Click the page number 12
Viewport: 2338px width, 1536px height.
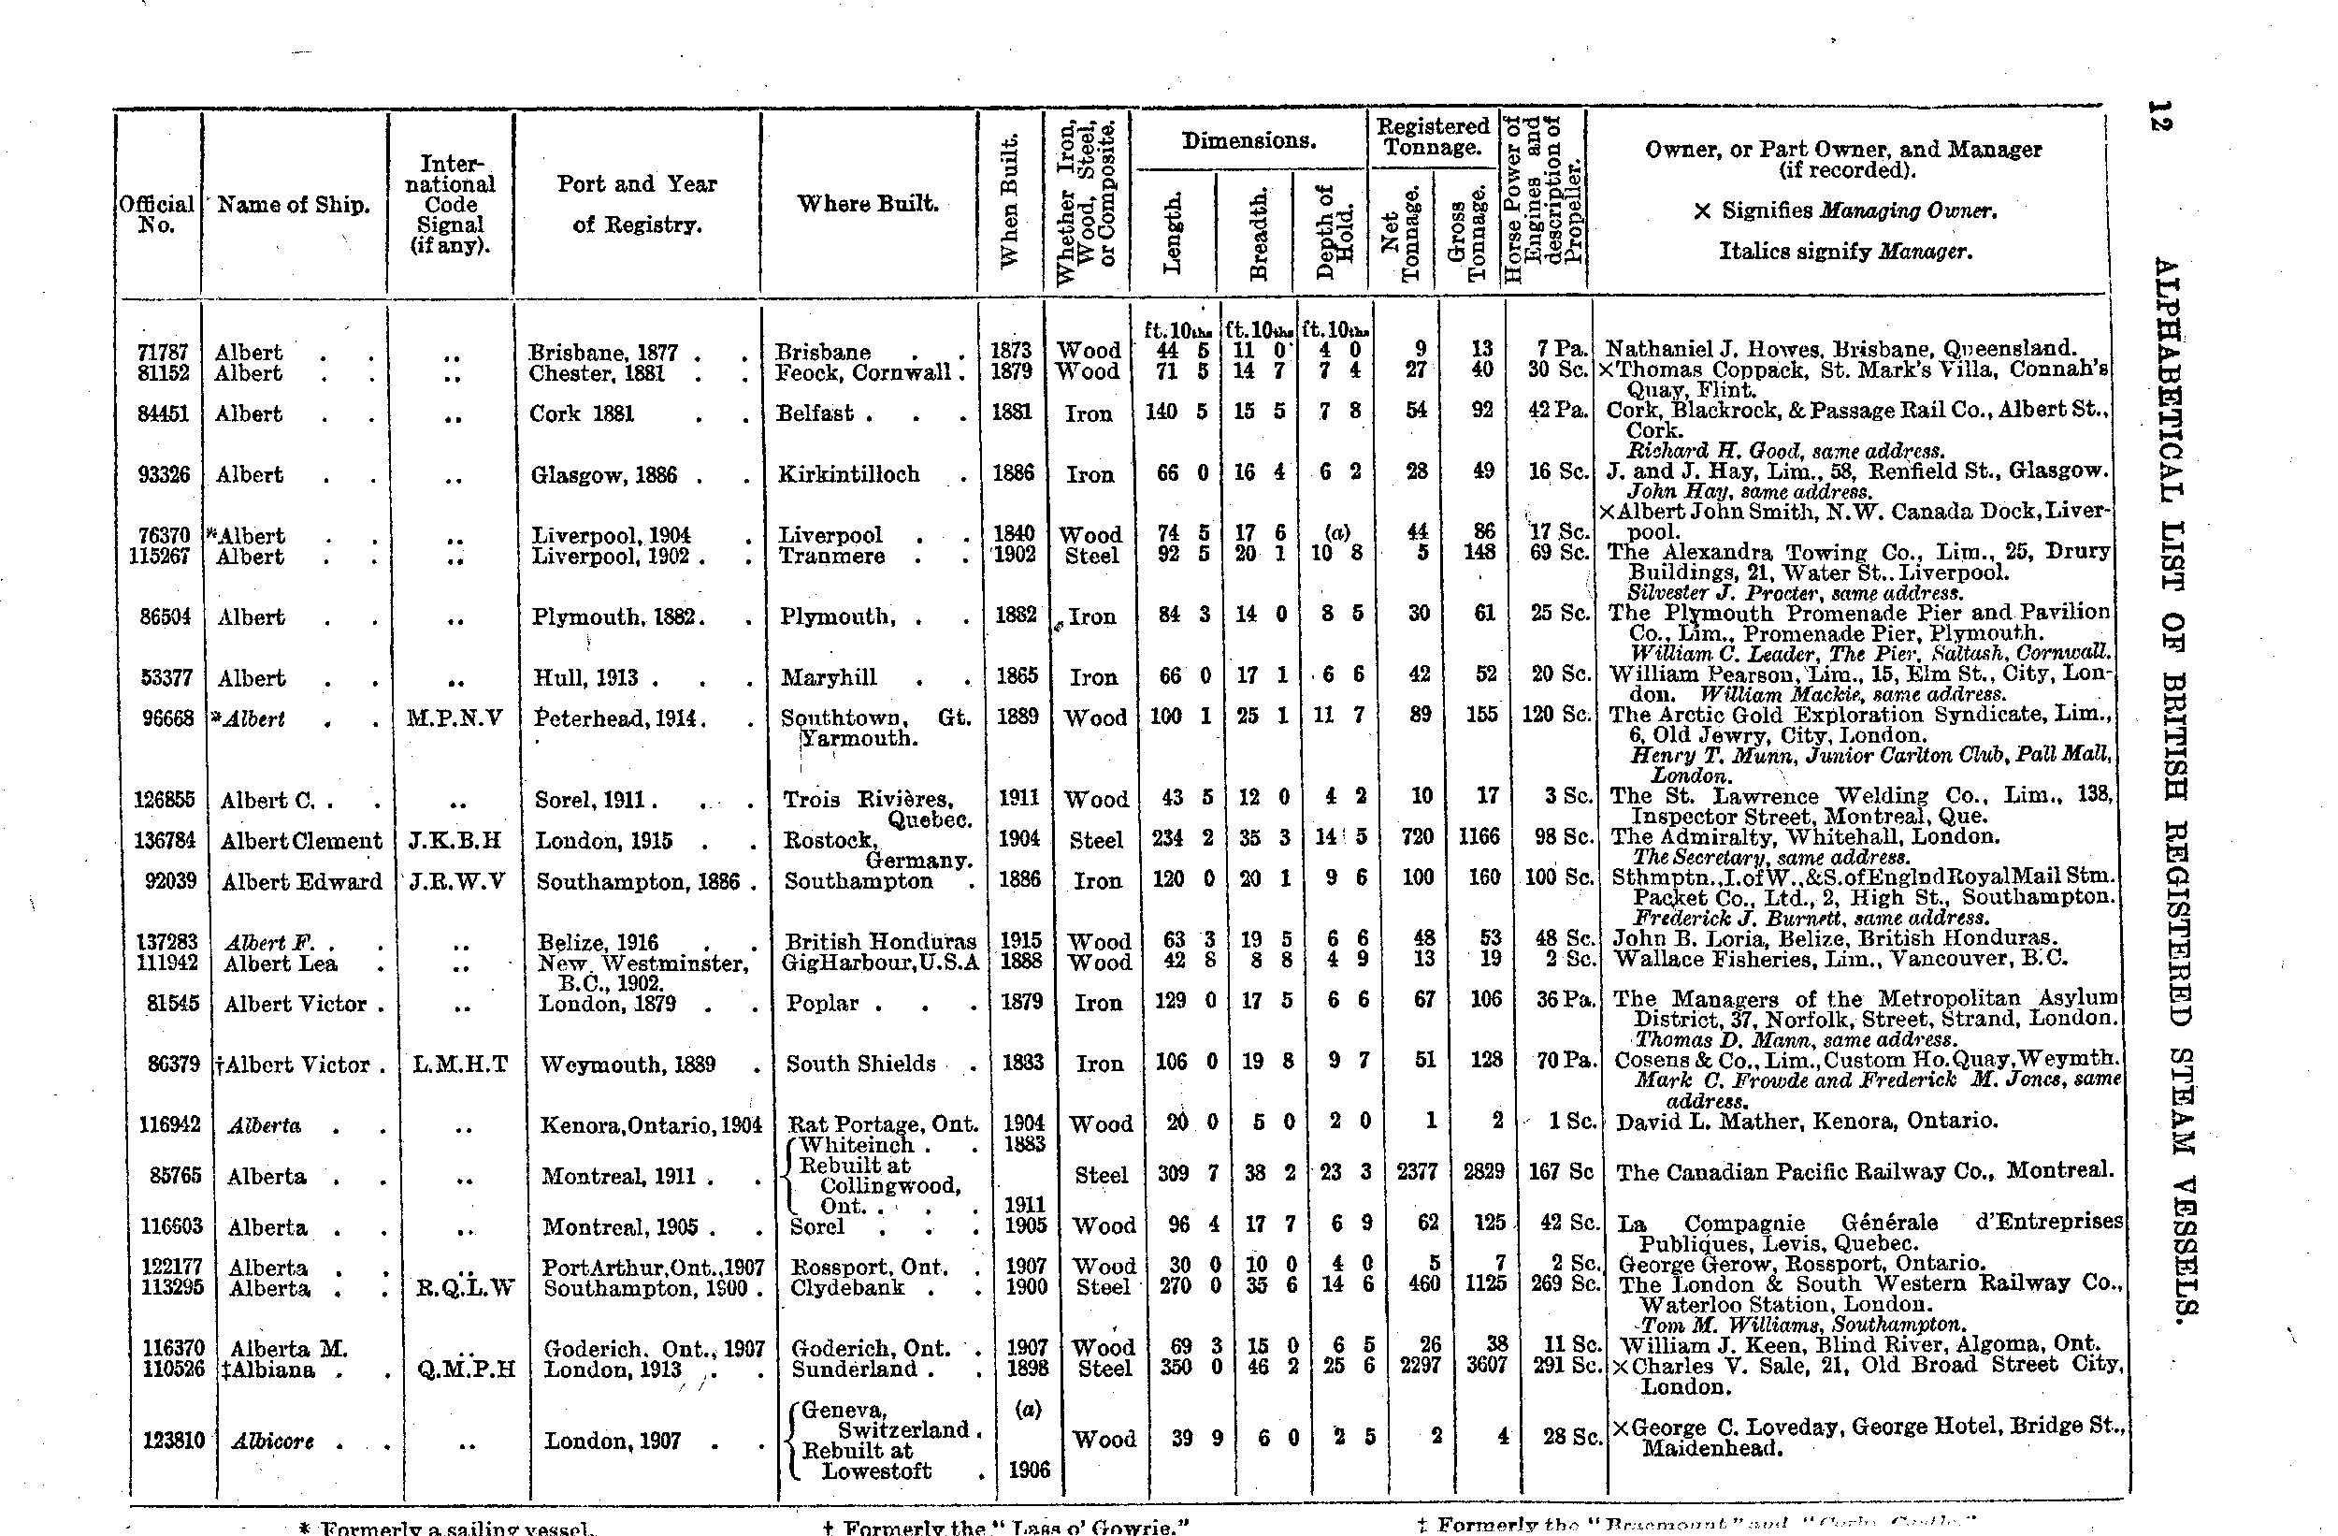[2161, 115]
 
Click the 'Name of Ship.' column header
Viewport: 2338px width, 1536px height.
[293, 206]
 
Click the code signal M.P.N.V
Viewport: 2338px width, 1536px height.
[454, 718]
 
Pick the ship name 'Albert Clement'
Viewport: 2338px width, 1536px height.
[300, 841]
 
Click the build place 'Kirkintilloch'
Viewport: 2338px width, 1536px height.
[849, 474]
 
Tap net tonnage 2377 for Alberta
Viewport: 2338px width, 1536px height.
[1417, 1173]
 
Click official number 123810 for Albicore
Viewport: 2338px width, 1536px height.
[173, 1441]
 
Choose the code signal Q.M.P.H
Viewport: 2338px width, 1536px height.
[466, 1369]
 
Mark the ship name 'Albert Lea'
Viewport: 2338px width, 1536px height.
[280, 964]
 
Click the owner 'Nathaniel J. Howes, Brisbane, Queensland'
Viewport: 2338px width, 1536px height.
[1840, 348]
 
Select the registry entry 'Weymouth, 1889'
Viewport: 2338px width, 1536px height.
[628, 1065]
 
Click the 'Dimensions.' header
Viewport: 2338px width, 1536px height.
[1248, 141]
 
